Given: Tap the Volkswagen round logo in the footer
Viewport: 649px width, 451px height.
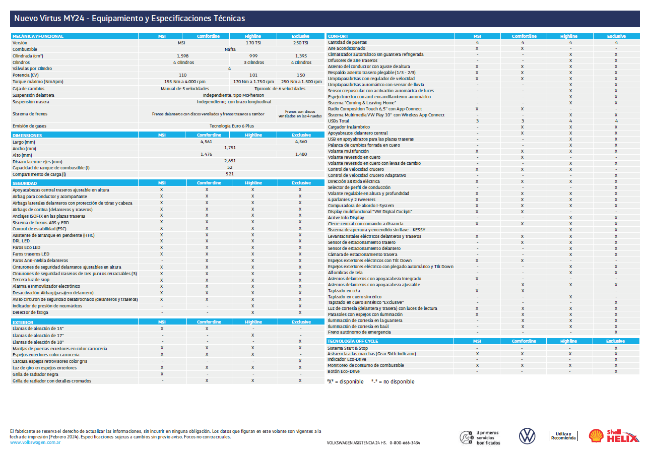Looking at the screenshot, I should point(527,436).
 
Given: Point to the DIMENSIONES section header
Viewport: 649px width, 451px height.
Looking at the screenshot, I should point(27,135).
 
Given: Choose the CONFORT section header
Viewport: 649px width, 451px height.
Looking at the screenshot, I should point(338,36).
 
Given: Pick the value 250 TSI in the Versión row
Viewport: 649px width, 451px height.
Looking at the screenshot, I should point(301,43).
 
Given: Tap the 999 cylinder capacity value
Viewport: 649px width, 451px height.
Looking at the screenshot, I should point(253,56).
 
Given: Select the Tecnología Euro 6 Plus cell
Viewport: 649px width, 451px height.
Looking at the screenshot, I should point(231,126).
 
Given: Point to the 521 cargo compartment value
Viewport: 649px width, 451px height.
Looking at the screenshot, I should point(230,174).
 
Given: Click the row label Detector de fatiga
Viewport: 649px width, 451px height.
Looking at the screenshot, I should point(30,312).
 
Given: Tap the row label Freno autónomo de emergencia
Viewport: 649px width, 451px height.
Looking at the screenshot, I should point(359,332).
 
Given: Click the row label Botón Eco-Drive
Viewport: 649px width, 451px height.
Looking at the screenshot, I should point(344,371).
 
